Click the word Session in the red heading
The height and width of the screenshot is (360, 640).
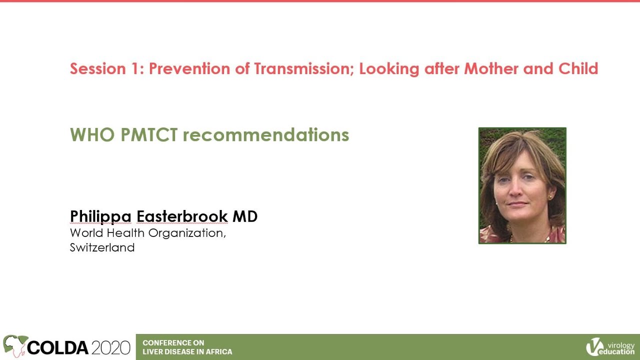[98, 68]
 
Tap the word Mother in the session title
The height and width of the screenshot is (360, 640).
[491, 68]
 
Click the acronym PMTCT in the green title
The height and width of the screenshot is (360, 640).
[149, 134]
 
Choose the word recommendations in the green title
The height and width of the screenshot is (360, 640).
[266, 134]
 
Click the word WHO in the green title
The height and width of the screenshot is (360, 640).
[92, 134]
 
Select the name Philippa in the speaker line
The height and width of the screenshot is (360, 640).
[100, 217]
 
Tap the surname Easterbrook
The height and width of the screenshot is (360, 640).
[182, 216]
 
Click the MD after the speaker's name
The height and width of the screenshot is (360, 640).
[245, 216]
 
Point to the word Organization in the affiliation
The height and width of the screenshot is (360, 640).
[187, 233]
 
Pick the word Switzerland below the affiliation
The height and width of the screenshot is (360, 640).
[102, 247]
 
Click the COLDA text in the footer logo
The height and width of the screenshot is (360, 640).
[57, 347]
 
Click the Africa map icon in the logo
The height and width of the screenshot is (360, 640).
[15, 345]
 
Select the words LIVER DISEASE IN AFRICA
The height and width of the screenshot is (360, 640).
[187, 351]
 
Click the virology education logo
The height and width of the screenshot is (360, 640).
[610, 347]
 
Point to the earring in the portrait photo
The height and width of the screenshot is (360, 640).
[550, 197]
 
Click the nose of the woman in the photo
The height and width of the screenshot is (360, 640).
[516, 190]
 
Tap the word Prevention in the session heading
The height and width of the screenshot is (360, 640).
[189, 68]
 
